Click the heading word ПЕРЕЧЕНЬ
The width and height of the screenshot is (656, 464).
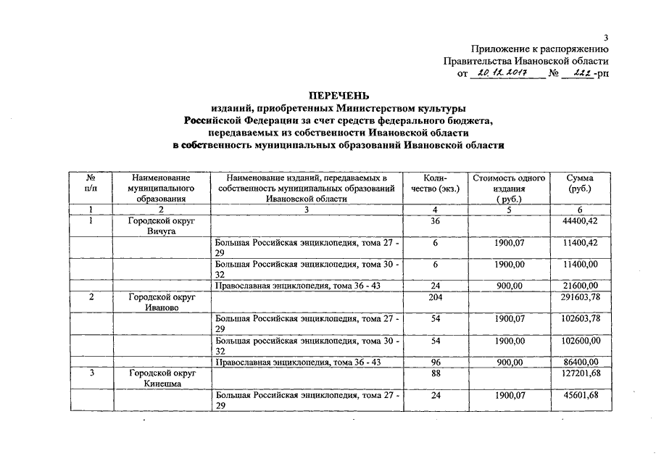339,95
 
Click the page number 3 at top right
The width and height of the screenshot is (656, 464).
605,38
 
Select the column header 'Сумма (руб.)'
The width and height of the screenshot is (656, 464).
581,183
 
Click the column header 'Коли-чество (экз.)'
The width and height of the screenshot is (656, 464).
435,183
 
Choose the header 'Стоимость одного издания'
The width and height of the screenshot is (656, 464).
509,188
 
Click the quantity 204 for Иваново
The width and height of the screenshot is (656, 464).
435,297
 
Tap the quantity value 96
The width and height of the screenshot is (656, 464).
435,362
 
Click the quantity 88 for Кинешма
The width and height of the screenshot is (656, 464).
435,373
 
